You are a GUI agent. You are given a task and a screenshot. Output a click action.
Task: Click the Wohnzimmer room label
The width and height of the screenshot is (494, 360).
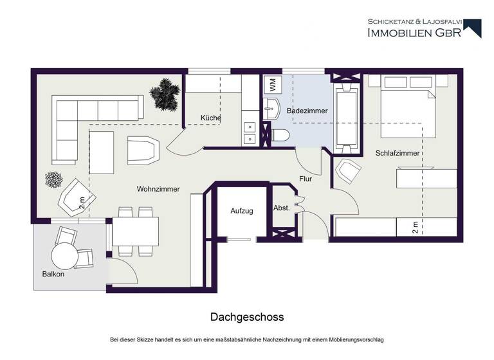point(158,189)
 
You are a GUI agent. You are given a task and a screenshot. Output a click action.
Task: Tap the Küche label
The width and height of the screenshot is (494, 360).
point(211,118)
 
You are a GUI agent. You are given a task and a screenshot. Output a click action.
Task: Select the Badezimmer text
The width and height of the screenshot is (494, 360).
point(307,111)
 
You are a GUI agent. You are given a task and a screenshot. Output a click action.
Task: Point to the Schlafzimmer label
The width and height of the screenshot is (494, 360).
point(398,154)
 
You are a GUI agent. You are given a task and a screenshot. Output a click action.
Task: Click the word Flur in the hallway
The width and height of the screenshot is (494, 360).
point(306,179)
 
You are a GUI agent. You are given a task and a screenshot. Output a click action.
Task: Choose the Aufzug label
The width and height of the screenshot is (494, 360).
point(242,211)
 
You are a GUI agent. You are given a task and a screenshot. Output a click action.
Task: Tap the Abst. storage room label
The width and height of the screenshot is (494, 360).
point(282,208)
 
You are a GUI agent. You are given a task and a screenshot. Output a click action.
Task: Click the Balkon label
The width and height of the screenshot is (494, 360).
point(53,274)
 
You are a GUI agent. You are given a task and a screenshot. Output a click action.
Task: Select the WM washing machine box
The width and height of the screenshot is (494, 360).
point(271,85)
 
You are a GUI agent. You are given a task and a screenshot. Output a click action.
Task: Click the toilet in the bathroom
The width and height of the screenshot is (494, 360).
point(280,135)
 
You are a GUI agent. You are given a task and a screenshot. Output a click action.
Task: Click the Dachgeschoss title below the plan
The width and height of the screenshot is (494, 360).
point(247,318)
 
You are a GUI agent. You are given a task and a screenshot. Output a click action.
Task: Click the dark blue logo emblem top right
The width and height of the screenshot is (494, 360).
point(473,28)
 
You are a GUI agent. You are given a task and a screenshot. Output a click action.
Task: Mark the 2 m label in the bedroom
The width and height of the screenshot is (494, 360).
point(416,226)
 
